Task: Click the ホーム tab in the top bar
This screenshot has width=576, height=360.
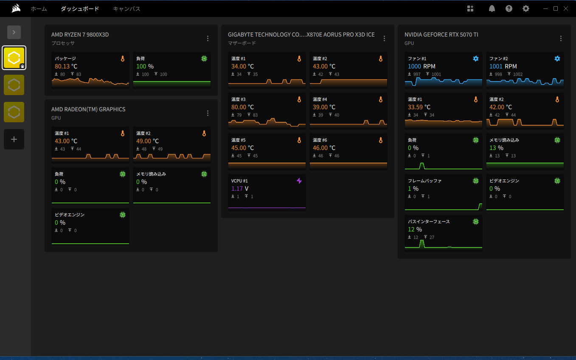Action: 39,8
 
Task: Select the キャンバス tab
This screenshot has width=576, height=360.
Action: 126,8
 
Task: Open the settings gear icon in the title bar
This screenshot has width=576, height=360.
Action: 526,8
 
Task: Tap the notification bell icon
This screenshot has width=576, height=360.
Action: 492,8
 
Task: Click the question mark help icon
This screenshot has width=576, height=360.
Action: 509,8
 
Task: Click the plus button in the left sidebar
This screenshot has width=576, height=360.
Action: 14,139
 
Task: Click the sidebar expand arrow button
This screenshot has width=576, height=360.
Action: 14,32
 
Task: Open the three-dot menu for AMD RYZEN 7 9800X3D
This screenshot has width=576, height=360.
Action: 208,38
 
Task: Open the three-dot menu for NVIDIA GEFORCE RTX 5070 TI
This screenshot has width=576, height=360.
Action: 561,38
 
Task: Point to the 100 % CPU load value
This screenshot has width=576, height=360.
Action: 145,66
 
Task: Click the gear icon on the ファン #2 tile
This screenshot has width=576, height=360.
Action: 557,59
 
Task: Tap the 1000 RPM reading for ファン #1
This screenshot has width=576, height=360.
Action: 421,66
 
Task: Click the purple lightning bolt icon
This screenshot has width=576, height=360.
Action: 299,181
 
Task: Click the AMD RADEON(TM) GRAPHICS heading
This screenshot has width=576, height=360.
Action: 88,109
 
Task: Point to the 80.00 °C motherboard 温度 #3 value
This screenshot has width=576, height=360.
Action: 242,107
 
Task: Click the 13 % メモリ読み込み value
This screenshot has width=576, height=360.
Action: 496,148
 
